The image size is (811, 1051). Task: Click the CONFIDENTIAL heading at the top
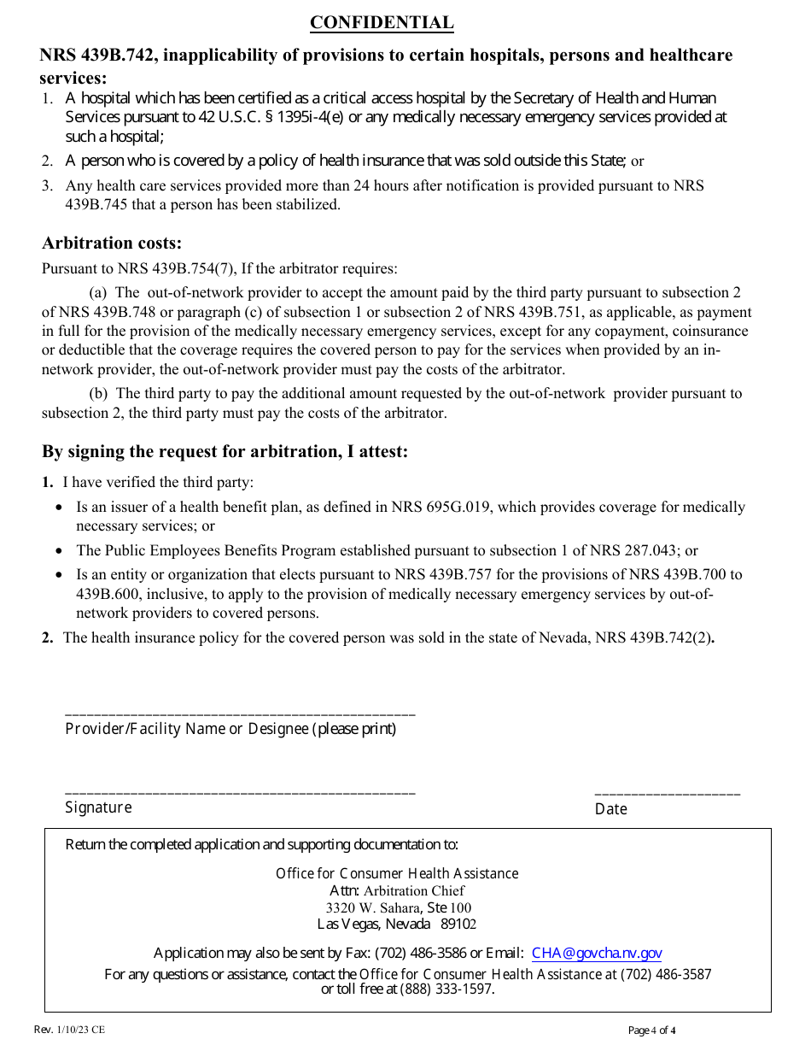pos(382,23)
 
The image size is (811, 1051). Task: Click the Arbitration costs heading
pos(112,243)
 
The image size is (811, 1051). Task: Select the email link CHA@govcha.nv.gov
pos(596,954)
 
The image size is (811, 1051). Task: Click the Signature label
pos(98,807)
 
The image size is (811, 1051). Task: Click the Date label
pos(610,808)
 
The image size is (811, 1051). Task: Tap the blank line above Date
pos(667,795)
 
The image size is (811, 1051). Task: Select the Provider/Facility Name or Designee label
pos(230,729)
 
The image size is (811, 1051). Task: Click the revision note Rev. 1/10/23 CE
pos(70,1030)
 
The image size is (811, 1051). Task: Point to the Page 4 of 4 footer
pos(651,1030)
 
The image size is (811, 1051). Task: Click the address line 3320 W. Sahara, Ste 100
pos(398,907)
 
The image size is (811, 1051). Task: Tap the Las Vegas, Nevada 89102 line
pos(397,924)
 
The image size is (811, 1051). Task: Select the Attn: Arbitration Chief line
pos(397,890)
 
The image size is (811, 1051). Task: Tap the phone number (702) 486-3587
pos(665,974)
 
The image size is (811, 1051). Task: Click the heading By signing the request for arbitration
pos(225,451)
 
